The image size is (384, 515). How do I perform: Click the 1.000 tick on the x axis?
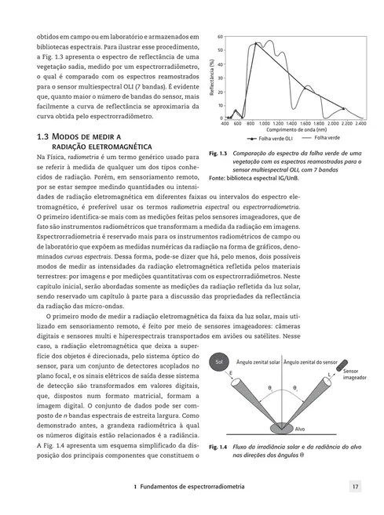(265, 124)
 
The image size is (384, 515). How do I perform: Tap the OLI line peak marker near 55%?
(256, 44)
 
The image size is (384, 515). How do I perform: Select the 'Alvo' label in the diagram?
(299, 429)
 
